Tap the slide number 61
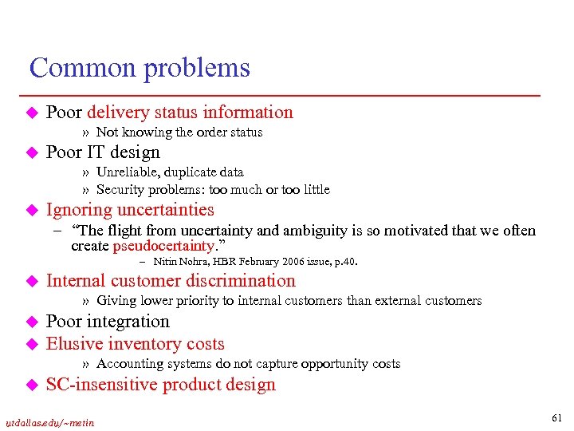pos(556,417)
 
